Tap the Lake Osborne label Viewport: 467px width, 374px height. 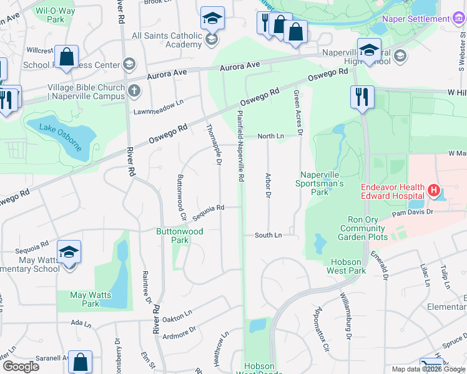(x=61, y=137)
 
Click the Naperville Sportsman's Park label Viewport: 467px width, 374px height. (x=322, y=179)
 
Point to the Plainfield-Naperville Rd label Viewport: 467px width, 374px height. (x=240, y=146)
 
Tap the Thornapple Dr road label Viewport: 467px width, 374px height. (x=214, y=144)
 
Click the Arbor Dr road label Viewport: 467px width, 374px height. (x=268, y=185)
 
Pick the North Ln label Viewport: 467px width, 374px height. (x=271, y=136)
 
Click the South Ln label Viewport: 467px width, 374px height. (x=268, y=235)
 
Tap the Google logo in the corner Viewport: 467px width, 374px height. (x=21, y=366)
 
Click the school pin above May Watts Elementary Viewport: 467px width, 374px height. (x=69, y=252)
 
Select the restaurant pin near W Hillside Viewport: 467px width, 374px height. (x=361, y=97)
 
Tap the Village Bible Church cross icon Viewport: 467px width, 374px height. (x=134, y=92)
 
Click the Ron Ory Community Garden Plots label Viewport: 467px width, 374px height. (x=363, y=228)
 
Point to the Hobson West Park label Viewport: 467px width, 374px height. (x=346, y=266)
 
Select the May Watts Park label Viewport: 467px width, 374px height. (x=91, y=299)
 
